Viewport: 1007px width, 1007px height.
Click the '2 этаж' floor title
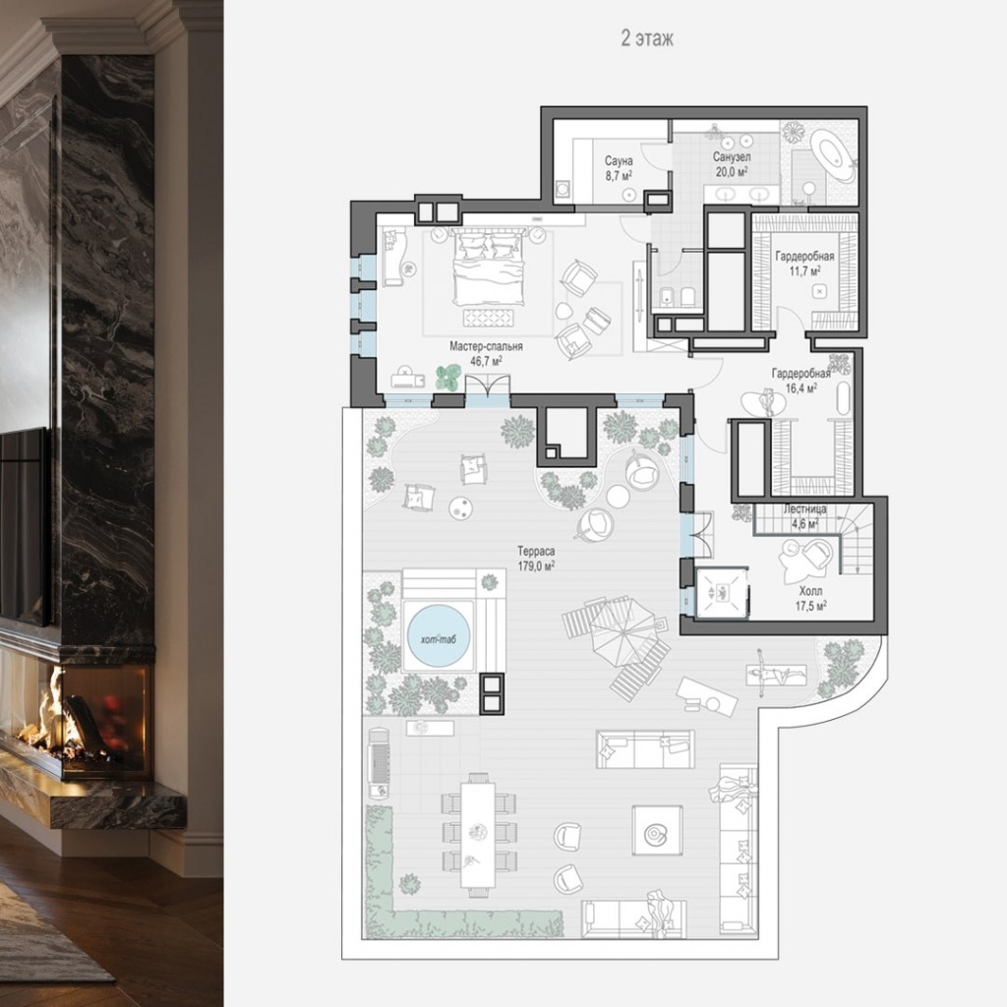[647, 38]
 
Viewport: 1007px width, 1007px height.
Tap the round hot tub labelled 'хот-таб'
[439, 635]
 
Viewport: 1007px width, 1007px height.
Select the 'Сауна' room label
[619, 160]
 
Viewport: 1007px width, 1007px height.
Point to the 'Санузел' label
[732, 156]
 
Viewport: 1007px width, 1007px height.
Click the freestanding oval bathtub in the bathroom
[832, 154]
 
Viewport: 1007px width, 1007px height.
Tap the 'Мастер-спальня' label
[486, 346]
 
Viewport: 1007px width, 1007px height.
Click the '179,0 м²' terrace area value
[536, 565]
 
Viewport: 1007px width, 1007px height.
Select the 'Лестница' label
[804, 509]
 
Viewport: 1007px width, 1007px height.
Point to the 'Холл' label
[810, 591]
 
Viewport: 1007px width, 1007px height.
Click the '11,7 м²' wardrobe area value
[804, 271]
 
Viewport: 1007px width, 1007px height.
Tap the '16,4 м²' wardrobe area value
[800, 387]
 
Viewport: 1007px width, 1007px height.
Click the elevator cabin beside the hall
[722, 593]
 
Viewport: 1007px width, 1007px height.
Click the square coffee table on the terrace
[656, 830]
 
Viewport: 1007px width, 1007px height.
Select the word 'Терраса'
[536, 551]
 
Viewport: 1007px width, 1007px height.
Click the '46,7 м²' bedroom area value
[486, 362]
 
